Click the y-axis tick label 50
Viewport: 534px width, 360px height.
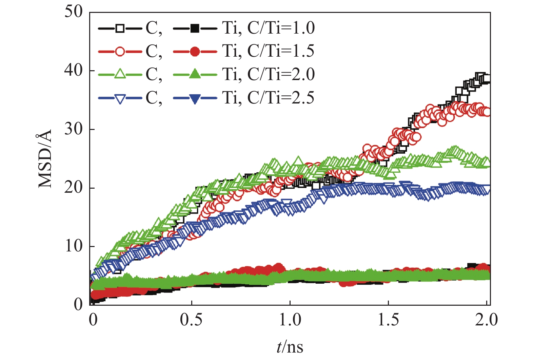pyautogui.click(x=74, y=12)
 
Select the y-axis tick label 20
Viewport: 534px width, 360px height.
pyautogui.click(x=74, y=188)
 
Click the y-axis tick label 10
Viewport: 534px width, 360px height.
pyautogui.click(x=74, y=246)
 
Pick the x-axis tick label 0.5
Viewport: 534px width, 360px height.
pyautogui.click(x=191, y=320)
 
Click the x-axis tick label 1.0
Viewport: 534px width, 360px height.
pyautogui.click(x=290, y=320)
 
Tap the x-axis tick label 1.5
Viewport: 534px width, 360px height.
pyautogui.click(x=389, y=320)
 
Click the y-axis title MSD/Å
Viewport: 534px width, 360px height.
pyautogui.click(x=45, y=158)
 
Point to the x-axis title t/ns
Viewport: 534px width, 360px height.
pyautogui.click(x=290, y=347)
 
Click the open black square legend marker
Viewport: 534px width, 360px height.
pyautogui.click(x=120, y=28)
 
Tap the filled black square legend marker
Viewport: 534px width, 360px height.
pyautogui.click(x=195, y=28)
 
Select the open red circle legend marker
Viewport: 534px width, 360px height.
pyautogui.click(x=120, y=52)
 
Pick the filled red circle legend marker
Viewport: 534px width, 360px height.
pyautogui.click(x=195, y=52)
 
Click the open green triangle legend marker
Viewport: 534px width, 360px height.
pyautogui.click(x=120, y=74)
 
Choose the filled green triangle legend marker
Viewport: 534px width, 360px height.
pyautogui.click(x=195, y=74)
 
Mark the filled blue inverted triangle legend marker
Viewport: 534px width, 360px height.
pyautogui.click(x=195, y=98)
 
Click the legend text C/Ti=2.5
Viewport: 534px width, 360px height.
pyautogui.click(x=281, y=98)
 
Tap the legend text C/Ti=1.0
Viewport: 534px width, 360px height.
pyautogui.click(x=281, y=28)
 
